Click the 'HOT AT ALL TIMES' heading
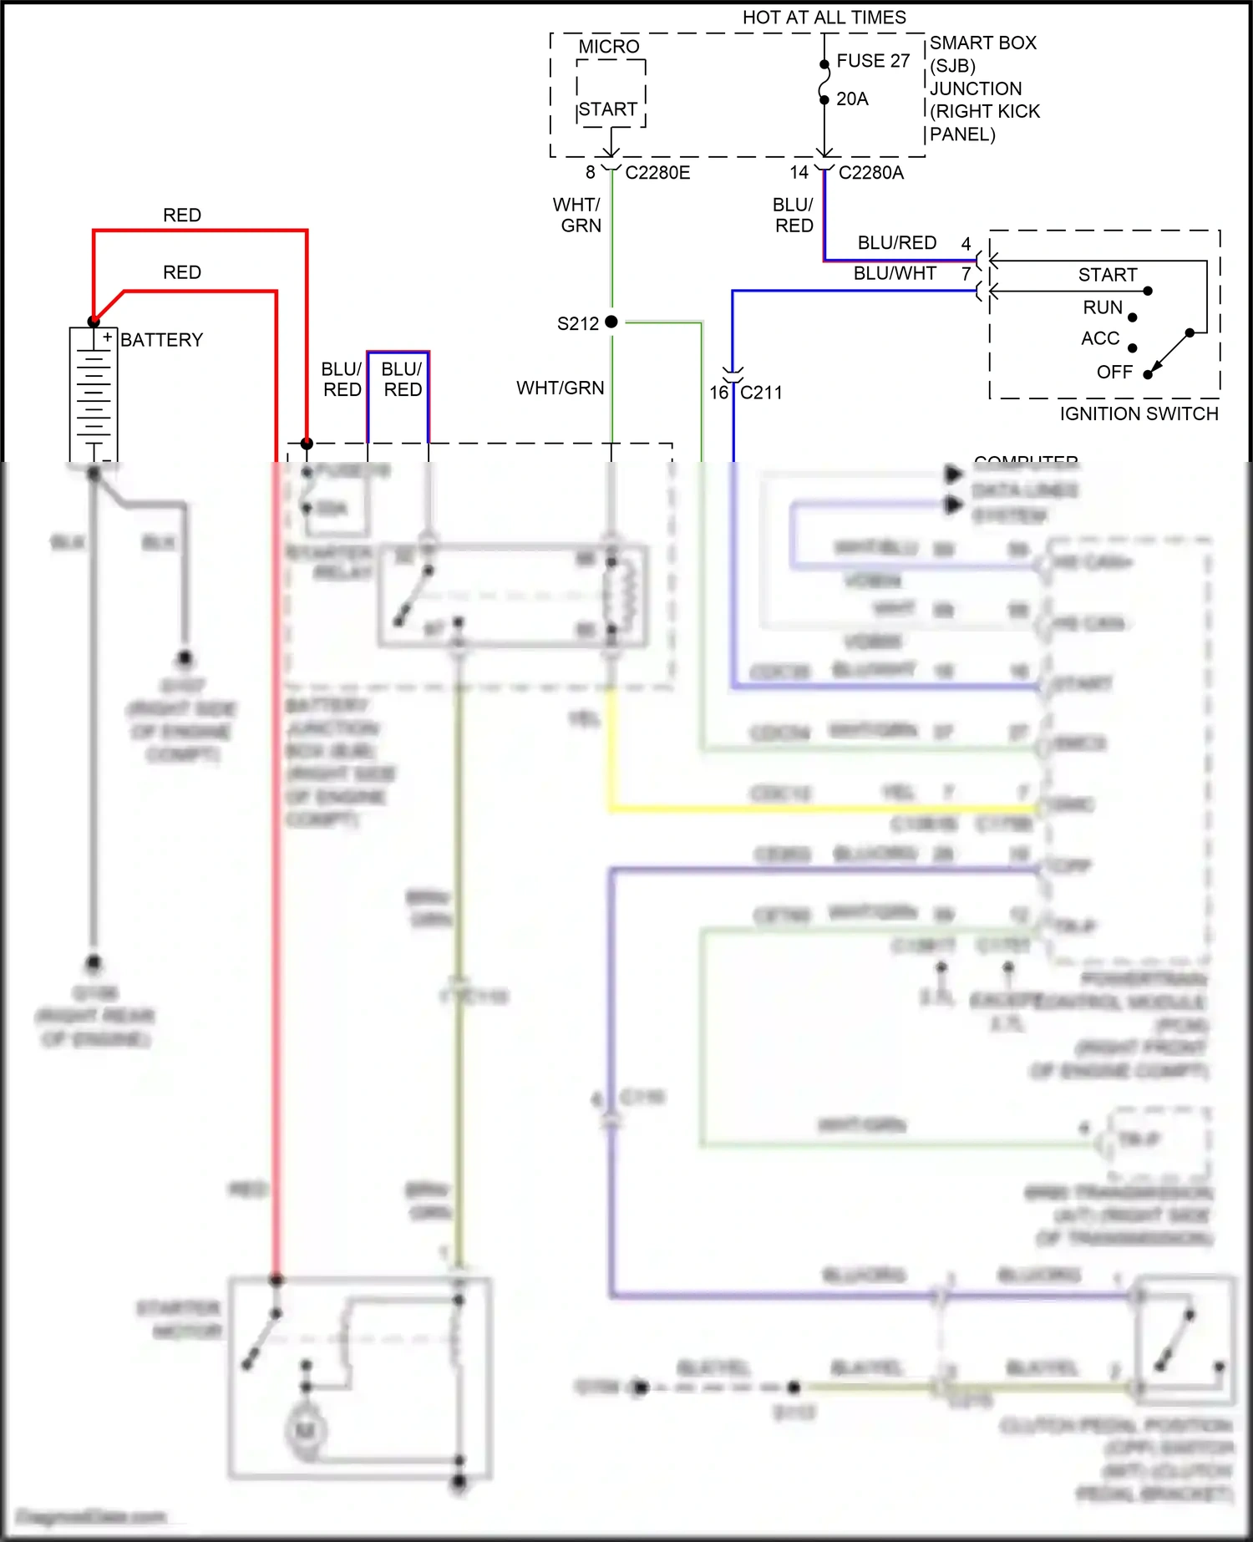click(x=824, y=18)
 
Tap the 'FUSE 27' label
click(x=873, y=61)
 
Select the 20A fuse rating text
click(x=852, y=99)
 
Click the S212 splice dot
click(x=611, y=322)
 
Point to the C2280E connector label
click(x=657, y=173)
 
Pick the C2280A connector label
click(x=870, y=173)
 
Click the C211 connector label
click(x=761, y=393)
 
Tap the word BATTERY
click(x=162, y=340)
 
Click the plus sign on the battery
click(x=107, y=337)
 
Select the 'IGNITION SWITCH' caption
click(x=1139, y=413)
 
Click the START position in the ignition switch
click(x=1107, y=275)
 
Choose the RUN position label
click(x=1103, y=307)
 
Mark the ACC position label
click(x=1100, y=338)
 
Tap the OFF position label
click(x=1114, y=372)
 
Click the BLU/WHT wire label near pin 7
click(x=894, y=273)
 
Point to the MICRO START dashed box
click(x=611, y=93)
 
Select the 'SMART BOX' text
click(x=982, y=43)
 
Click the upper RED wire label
click(x=182, y=216)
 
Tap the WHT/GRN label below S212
click(x=560, y=388)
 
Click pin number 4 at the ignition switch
click(x=966, y=243)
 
